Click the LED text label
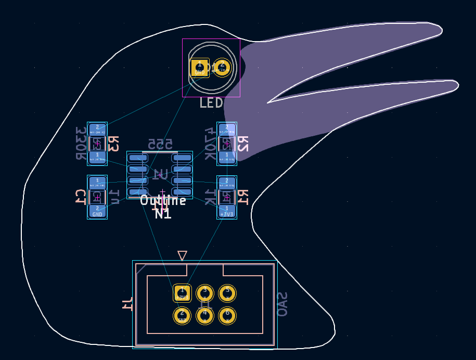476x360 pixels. [x=211, y=103]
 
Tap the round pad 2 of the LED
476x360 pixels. [x=222, y=67]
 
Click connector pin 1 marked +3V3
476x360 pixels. [x=182, y=293]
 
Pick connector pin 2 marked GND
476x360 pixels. [x=182, y=315]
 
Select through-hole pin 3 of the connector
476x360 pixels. [x=204, y=293]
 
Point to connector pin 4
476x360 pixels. [x=204, y=315]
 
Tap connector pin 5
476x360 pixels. [x=227, y=293]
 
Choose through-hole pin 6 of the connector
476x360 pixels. [x=227, y=315]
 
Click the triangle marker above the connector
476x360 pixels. [x=182, y=255]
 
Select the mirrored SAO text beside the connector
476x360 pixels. [x=282, y=304]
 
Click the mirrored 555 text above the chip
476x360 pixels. [x=160, y=144]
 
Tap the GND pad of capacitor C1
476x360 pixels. [x=97, y=211]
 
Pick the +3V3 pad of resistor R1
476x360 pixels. [x=227, y=211]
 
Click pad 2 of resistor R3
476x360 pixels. [x=97, y=129]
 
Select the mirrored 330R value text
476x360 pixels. [x=81, y=143]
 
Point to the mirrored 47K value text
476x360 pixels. [x=209, y=143]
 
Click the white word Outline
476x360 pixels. [x=163, y=201]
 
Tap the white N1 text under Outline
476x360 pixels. [x=163, y=213]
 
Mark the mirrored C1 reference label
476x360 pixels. [x=80, y=197]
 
